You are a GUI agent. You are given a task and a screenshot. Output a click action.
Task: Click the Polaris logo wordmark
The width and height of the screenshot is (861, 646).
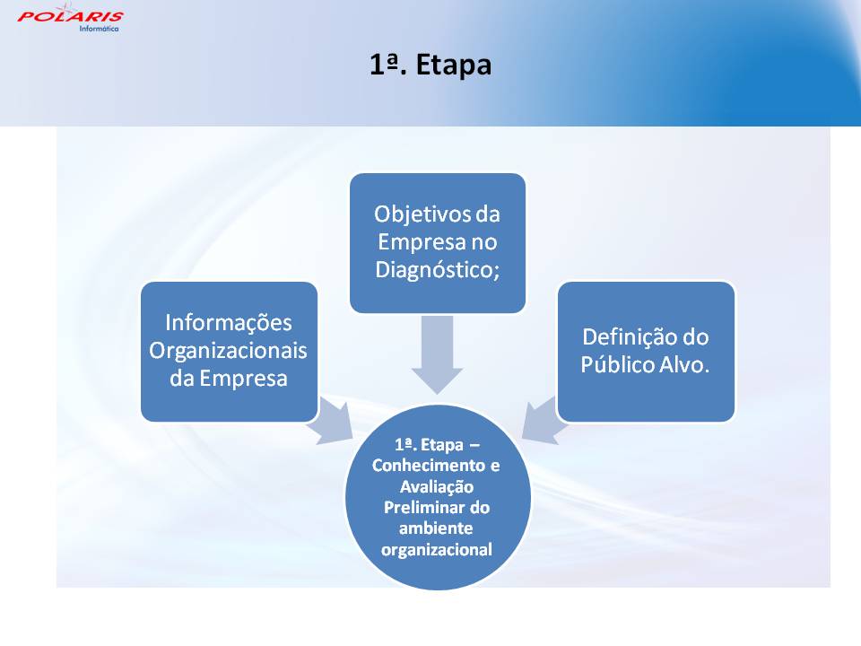70,16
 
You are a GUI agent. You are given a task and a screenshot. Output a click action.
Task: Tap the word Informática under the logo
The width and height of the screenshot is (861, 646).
99,29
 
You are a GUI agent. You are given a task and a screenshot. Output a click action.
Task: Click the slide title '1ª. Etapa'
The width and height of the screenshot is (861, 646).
430,65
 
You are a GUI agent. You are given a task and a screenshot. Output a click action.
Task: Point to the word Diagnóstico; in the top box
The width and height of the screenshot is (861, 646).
438,270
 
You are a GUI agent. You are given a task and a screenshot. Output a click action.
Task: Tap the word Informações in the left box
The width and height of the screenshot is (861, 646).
229,323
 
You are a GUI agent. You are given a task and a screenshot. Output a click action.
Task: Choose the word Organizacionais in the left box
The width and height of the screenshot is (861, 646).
228,351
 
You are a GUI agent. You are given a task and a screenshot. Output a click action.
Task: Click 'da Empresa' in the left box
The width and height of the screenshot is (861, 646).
229,379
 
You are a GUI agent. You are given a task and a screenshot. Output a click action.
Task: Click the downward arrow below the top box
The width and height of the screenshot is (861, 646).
437,354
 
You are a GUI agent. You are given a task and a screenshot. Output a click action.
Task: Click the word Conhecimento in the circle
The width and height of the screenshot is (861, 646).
429,466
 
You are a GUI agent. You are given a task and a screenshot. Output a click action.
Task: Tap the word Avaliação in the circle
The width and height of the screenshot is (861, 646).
437,486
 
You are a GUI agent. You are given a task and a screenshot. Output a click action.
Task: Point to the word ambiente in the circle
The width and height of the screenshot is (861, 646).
436,528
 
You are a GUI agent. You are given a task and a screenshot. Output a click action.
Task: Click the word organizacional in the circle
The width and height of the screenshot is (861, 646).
437,550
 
